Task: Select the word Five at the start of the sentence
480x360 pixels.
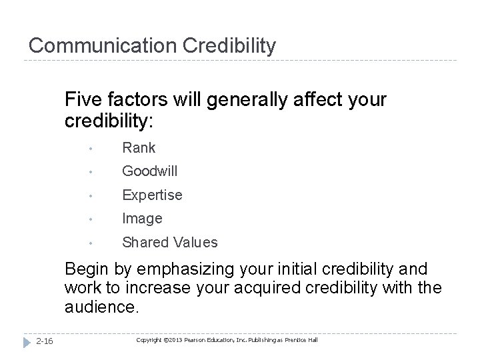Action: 81,101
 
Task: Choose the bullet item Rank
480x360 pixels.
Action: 138,148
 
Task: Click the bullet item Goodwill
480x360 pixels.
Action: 149,171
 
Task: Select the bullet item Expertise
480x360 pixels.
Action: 151,195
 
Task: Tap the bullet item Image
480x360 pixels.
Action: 142,219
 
